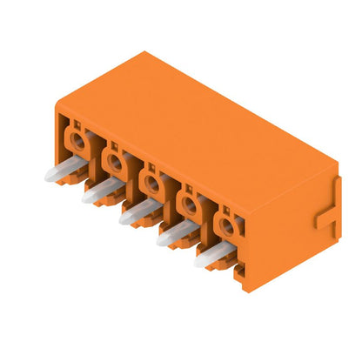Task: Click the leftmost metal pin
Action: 63,170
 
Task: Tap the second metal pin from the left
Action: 101,191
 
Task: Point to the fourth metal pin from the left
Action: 177,233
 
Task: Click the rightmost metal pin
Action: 214,253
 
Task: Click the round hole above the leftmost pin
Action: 77,138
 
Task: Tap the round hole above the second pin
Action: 114,160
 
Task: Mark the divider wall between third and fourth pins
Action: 171,198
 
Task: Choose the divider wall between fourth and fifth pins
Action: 209,220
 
